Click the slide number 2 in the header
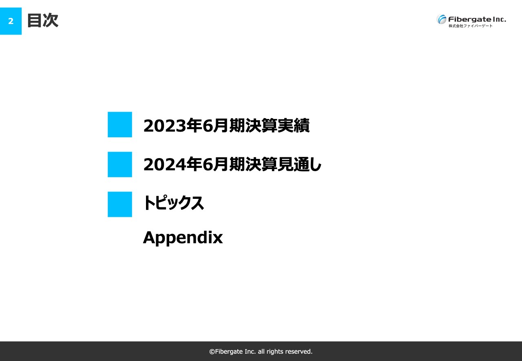click(x=11, y=21)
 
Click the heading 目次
click(x=42, y=20)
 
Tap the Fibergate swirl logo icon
click(x=441, y=19)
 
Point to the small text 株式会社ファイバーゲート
click(x=470, y=26)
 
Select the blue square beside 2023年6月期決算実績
click(x=120, y=125)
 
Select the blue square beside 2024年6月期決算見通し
click(x=120, y=165)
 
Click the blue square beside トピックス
click(x=120, y=204)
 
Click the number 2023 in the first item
click(x=164, y=125)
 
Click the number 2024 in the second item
click(x=164, y=165)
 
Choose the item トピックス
click(x=173, y=203)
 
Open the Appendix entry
click(x=183, y=238)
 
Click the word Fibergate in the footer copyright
click(x=229, y=351)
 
